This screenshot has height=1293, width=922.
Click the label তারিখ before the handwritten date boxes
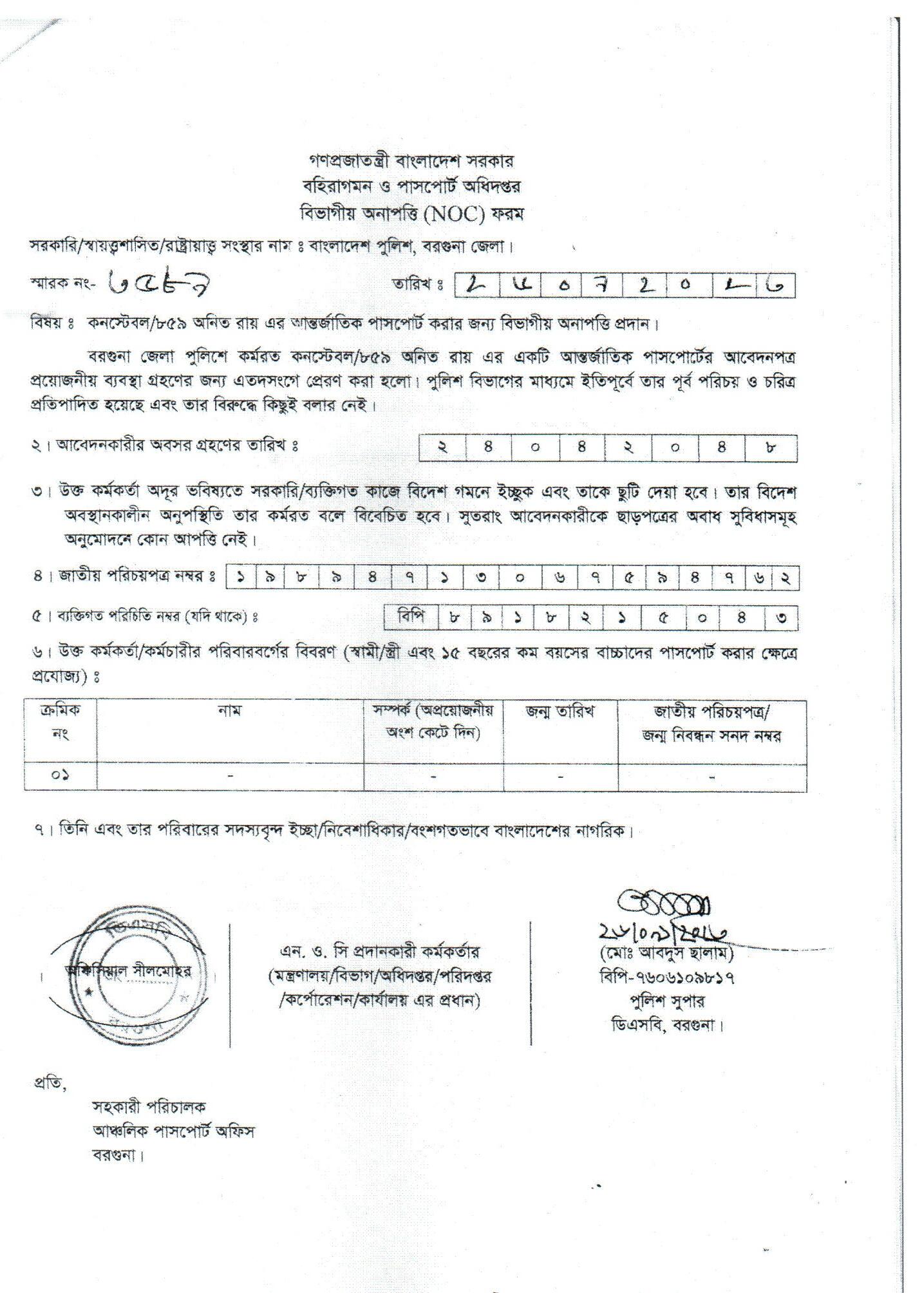pyautogui.click(x=417, y=283)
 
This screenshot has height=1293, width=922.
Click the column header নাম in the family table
pyautogui.click(x=229, y=711)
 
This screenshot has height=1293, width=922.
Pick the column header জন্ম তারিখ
pyautogui.click(x=560, y=711)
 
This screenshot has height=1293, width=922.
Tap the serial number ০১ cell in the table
pyautogui.click(x=60, y=775)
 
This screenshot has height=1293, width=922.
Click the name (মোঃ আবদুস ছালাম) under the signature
pyautogui.click(x=666, y=952)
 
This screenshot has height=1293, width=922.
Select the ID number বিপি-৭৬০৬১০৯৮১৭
pyautogui.click(x=666, y=977)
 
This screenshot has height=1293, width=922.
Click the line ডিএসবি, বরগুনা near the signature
pyautogui.click(x=667, y=1024)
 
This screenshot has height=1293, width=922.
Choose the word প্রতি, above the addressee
pyautogui.click(x=50, y=1082)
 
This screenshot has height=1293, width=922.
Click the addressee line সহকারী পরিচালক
pyautogui.click(x=149, y=1108)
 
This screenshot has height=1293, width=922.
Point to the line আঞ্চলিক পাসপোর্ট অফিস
pyautogui.click(x=173, y=1131)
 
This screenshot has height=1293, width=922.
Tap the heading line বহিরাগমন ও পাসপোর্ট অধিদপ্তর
pyautogui.click(x=411, y=186)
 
